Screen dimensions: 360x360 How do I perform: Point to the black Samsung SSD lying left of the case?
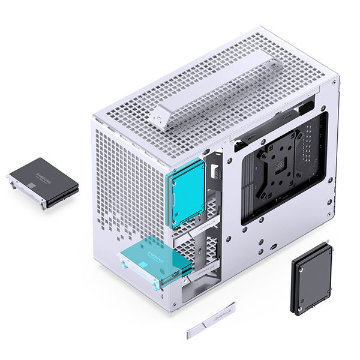(43, 176)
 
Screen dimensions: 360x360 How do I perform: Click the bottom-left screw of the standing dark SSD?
(298, 305)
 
